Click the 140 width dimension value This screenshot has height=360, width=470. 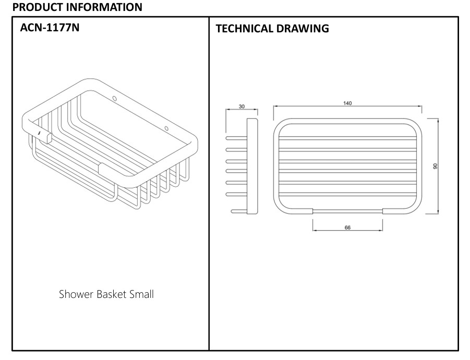coord(347,103)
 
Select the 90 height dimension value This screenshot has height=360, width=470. coord(435,166)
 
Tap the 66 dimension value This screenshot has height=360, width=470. coord(347,227)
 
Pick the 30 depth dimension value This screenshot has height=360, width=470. coord(242,106)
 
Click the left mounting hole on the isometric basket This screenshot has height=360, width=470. coord(115,98)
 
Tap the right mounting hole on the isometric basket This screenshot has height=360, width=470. coord(166,128)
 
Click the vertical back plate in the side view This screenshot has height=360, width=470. coord(252,166)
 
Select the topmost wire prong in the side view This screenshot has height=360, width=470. coord(236,138)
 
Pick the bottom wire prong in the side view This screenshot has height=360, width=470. coord(238,211)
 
